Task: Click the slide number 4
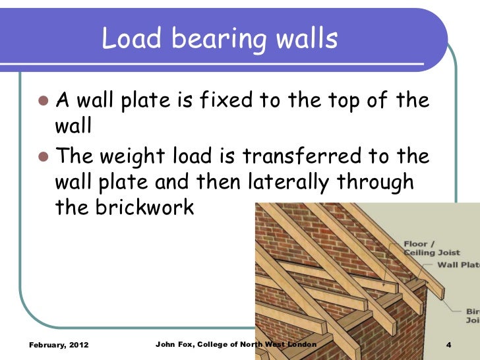[448, 345]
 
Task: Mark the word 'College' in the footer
[218, 345]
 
